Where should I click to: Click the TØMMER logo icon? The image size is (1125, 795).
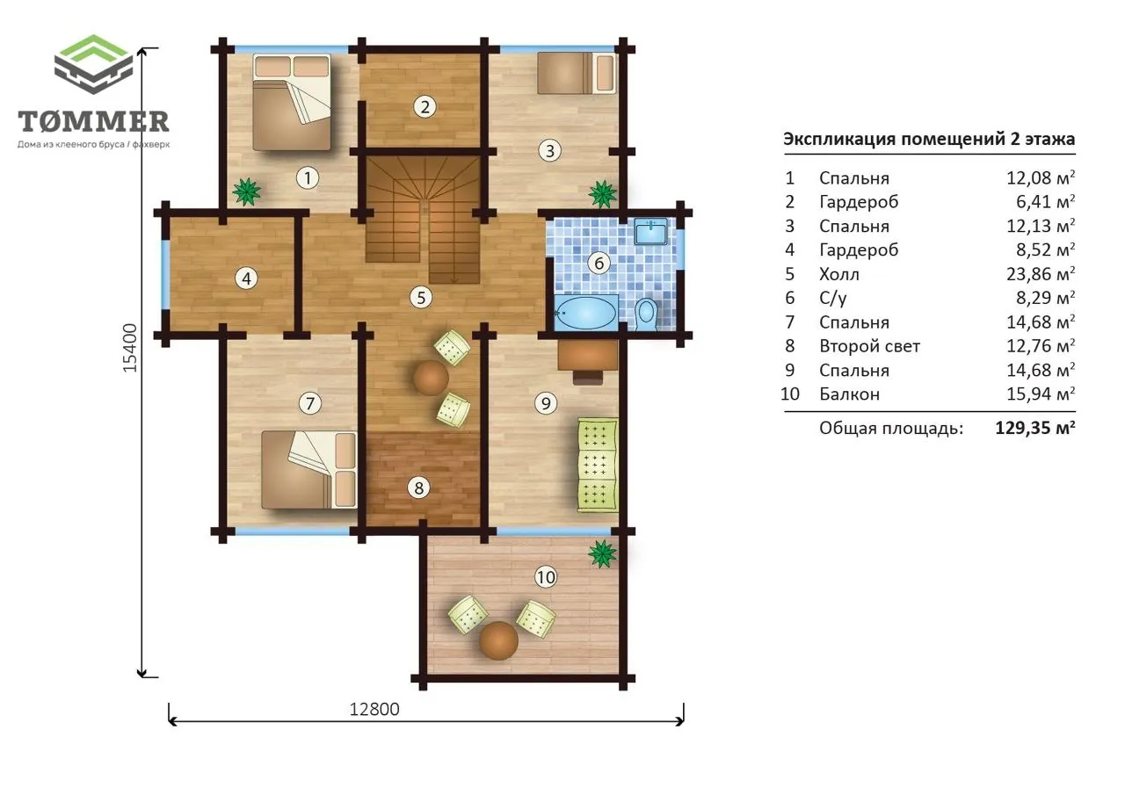point(93,64)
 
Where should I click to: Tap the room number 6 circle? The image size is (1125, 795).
point(599,263)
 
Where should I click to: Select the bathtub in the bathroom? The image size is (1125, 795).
point(585,314)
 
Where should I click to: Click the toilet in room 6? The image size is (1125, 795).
point(646,314)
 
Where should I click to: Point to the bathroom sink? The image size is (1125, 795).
point(650,231)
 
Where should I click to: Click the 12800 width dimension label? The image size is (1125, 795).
point(374,709)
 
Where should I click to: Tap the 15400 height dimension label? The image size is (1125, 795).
point(130,348)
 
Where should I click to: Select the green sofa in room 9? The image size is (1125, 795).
point(597,466)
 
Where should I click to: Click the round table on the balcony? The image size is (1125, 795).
point(498,640)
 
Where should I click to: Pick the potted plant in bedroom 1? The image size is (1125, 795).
point(246,192)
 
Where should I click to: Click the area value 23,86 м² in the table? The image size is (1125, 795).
point(1040,273)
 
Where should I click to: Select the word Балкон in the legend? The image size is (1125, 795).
point(849,394)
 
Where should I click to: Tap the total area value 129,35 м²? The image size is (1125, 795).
point(1035,428)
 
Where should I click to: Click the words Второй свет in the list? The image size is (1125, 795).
point(869,346)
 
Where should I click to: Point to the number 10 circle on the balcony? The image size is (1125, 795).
point(546,577)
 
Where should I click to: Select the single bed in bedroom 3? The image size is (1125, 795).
point(576,73)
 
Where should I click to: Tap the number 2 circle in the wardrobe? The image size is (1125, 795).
point(425,106)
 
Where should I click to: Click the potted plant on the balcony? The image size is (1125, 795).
point(602,553)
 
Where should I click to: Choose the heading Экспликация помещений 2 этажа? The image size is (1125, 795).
point(929,139)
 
